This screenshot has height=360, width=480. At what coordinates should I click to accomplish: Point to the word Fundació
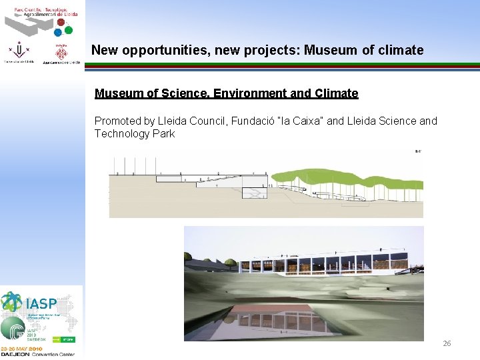[255, 121]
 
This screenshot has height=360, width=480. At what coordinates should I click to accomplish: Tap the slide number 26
[447, 343]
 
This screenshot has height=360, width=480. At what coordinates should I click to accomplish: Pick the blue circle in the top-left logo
[59, 31]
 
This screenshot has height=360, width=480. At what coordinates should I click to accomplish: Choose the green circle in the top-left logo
[68, 29]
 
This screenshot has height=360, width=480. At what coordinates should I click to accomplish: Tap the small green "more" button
[67, 339]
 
